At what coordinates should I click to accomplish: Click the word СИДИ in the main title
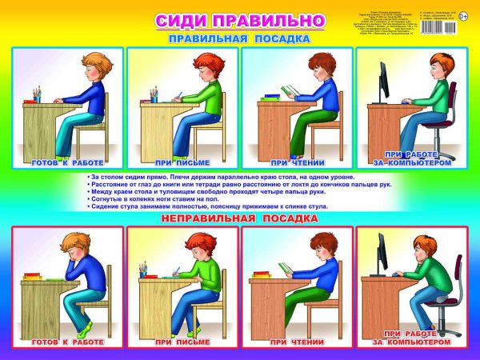[x=182, y=19]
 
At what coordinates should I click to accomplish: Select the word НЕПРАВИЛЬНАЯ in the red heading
[x=210, y=218]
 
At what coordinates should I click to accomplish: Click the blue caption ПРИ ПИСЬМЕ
[x=182, y=162]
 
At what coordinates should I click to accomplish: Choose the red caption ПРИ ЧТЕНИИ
[x=298, y=342]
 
